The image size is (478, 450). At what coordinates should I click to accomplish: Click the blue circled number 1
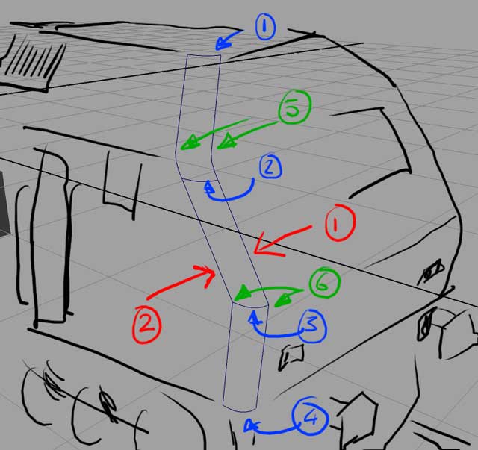[265, 27]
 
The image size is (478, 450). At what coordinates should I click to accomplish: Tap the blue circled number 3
[312, 326]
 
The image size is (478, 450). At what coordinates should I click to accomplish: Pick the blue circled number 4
[311, 416]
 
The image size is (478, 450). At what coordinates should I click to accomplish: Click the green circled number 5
[294, 107]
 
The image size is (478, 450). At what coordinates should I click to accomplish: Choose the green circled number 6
[324, 283]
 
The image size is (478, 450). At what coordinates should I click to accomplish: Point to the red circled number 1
[340, 223]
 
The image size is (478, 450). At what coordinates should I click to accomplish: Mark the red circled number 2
[146, 325]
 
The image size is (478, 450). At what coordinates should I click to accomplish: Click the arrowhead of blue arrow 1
[222, 43]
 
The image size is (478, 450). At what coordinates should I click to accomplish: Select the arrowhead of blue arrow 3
[253, 317]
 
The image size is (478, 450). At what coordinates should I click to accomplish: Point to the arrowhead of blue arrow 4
[249, 425]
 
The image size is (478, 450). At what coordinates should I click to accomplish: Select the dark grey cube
[4, 204]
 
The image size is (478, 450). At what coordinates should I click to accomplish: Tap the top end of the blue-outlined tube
[204, 56]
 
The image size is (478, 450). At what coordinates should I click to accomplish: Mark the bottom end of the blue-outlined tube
[239, 408]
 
